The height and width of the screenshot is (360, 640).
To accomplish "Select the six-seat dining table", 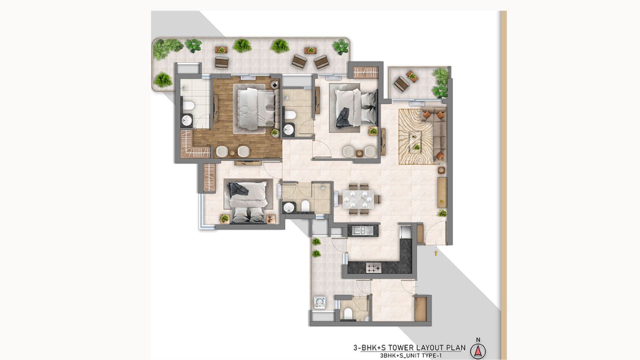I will click(x=358, y=198).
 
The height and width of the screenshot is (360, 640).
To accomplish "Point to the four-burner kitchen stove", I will click(x=373, y=268).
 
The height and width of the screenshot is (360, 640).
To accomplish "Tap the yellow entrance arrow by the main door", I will click(x=436, y=253).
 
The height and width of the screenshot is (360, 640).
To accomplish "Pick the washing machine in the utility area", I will click(x=319, y=301).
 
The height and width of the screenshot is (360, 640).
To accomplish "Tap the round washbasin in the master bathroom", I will click(x=186, y=120).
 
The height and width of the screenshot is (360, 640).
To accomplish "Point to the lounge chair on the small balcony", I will click(x=401, y=84).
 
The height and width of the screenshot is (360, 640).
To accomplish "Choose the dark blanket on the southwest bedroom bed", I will click(x=235, y=188).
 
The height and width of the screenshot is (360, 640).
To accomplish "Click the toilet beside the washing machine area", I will click(x=348, y=313).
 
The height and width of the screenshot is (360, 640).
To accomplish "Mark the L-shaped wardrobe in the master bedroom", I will click(x=191, y=145).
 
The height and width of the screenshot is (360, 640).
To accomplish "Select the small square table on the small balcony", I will click(x=412, y=76).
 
